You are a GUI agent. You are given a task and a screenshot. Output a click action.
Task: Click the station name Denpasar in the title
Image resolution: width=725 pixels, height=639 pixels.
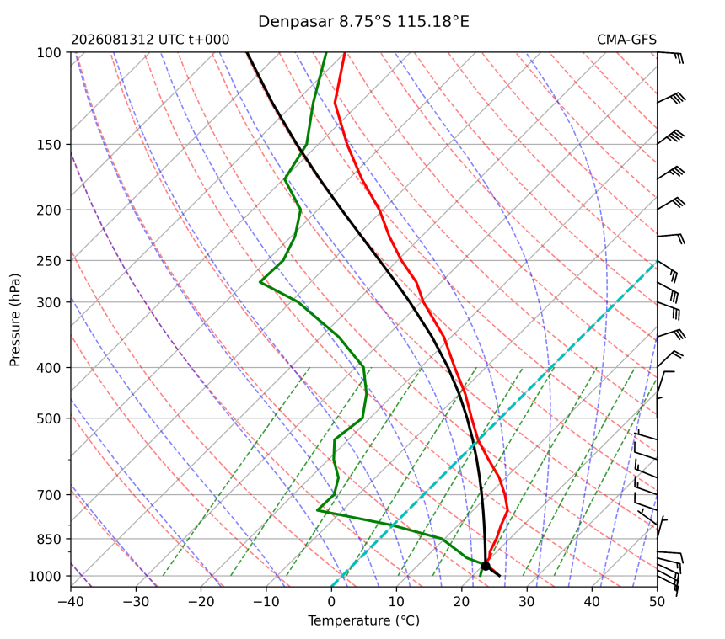pos(295,22)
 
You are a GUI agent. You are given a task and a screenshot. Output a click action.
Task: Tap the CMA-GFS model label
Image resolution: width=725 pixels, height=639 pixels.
pos(626,40)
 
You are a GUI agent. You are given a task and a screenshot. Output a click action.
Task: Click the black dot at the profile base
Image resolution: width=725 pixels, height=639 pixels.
pos(486,566)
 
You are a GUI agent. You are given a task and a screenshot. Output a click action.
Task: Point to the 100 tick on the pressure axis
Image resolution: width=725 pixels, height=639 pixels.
pos(49,53)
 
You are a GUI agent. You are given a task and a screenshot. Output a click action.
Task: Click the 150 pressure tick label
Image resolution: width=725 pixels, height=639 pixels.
pos(49,145)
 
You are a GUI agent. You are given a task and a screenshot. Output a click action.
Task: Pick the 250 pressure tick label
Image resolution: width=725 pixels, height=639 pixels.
pos(49,261)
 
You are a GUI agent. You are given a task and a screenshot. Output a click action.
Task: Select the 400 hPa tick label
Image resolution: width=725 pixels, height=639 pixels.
pos(49,368)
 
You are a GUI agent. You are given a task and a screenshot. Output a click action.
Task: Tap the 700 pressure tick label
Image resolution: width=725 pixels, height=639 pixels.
pos(49,495)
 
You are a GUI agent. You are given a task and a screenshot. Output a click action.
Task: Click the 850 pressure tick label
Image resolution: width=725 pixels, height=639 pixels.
pos(49,539)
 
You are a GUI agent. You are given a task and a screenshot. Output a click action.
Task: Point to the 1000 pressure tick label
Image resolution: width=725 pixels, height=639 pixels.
pos(45,576)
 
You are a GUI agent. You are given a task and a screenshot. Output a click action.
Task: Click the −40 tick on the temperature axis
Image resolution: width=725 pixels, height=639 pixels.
pos(71,602)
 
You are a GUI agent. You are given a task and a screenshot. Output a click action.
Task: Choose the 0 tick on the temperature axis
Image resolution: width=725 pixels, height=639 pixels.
pos(331,602)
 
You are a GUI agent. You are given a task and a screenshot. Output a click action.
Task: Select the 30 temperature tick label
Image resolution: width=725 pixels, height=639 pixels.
pos(527,602)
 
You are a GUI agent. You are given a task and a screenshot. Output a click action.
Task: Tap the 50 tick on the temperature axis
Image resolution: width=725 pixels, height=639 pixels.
pos(657,602)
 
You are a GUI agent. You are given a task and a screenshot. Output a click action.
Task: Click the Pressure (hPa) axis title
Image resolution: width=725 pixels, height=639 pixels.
pos(15,320)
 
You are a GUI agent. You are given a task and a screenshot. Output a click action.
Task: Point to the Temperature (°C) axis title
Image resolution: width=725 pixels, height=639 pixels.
pos(364,620)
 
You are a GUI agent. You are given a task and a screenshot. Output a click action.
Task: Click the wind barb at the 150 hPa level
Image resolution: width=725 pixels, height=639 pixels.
pos(671,137)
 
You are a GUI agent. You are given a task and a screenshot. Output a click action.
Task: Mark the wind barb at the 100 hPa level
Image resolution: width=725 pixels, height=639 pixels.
pos(670,57)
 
